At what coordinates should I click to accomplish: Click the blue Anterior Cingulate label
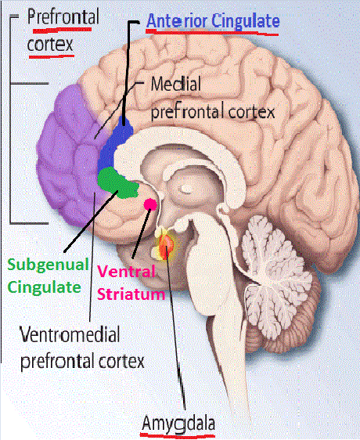[x=213, y=21]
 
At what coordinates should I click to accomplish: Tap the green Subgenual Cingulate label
[x=48, y=276]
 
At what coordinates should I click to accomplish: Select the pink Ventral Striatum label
[x=131, y=283]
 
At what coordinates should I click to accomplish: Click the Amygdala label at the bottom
[x=178, y=424]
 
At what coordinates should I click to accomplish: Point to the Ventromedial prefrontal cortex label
[x=82, y=348]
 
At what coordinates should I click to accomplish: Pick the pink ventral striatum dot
[x=150, y=204]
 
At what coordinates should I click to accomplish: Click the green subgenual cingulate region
[x=117, y=183]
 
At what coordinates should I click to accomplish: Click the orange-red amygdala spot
[x=166, y=245]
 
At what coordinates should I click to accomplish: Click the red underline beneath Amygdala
[x=178, y=436]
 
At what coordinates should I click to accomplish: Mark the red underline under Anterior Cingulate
[x=212, y=33]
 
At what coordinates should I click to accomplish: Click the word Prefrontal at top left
[x=63, y=16]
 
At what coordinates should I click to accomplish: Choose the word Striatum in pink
[x=131, y=294]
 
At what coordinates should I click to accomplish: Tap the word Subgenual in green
[x=48, y=265]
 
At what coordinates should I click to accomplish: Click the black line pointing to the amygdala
[x=175, y=327]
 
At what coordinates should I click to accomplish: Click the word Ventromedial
[x=70, y=334]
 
